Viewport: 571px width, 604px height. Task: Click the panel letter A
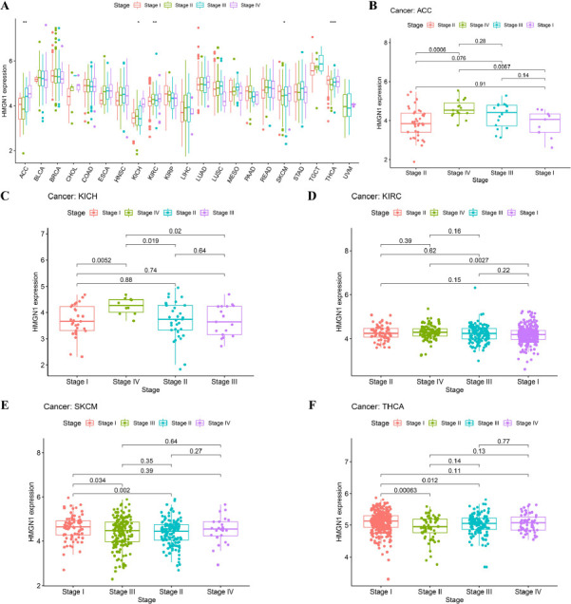6,7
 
